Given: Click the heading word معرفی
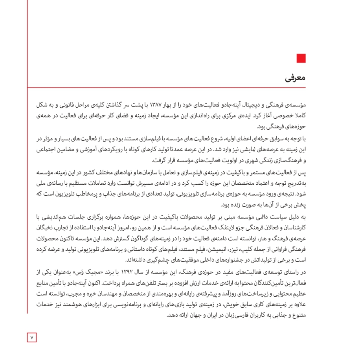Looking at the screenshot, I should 296,78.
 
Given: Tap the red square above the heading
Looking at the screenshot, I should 301,59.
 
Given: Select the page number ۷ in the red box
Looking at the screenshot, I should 32,337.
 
